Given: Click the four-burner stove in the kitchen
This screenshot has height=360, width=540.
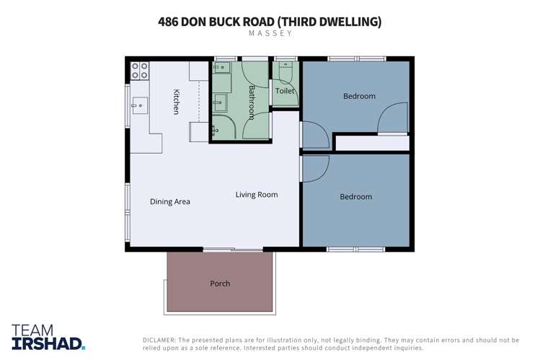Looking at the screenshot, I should tap(140, 71).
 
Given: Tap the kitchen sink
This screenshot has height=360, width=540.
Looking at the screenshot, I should tap(139, 106).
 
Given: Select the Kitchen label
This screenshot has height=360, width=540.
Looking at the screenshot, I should tap(176, 101).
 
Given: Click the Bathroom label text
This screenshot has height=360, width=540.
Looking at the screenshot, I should tap(252, 102).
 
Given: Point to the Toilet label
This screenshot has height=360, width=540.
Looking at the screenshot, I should tap(285, 92).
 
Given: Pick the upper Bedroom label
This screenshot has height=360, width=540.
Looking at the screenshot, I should tap(358, 96).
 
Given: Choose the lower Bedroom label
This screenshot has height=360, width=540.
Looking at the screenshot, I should tap(355, 197).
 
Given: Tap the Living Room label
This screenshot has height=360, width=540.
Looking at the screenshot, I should tap(256, 195).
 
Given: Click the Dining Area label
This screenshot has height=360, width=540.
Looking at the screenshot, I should tap(170, 202).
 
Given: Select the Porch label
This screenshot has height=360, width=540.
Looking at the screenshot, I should tap(220, 284).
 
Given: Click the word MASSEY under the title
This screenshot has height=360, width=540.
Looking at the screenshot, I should tap(270, 33).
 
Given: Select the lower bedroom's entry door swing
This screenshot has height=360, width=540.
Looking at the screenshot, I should tap(316, 167).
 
